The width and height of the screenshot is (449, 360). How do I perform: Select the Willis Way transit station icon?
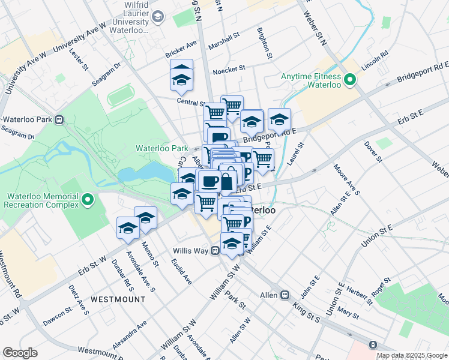click(x=214, y=251)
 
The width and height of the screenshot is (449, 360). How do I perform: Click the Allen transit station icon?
click(x=285, y=295)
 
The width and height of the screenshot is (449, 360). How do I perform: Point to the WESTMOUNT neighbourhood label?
click(x=118, y=299)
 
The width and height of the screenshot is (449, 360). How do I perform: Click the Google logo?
click(x=20, y=353)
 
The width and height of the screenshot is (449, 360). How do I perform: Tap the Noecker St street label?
click(x=229, y=70)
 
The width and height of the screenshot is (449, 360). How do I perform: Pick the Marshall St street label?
click(x=223, y=42)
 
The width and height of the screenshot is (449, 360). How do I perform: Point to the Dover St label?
click(x=373, y=152)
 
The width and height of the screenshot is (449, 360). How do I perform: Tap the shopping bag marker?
click(x=228, y=181)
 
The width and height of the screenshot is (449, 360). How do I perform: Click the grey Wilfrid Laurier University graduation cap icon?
click(x=158, y=17)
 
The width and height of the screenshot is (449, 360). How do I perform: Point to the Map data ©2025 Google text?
click(x=411, y=355)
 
